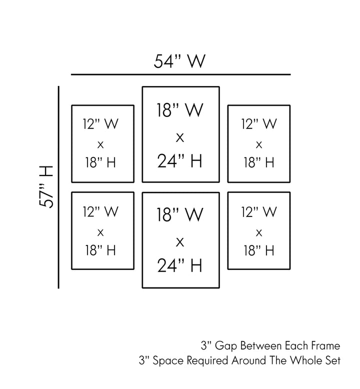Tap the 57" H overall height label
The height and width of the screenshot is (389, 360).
(46, 186)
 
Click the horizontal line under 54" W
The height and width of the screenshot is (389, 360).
(180, 74)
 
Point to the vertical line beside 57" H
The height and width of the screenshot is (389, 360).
(59, 187)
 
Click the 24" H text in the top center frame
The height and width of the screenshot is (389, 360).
(180, 160)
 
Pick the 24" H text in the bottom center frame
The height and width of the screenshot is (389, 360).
(180, 265)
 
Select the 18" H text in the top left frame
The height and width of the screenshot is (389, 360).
(101, 162)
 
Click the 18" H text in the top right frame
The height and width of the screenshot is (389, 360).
(259, 162)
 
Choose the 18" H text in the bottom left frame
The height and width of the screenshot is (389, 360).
(101, 250)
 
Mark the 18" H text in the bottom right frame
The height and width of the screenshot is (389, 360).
(259, 250)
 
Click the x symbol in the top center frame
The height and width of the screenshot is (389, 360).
(180, 136)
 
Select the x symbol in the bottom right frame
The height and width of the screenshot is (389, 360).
(259, 231)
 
